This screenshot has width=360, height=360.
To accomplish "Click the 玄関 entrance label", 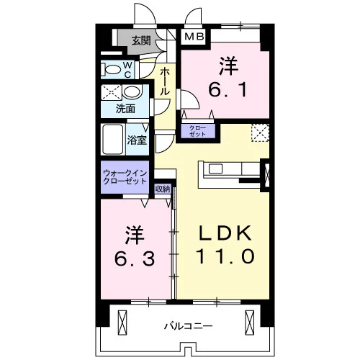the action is [141, 41].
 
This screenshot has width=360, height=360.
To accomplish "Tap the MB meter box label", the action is [194, 37].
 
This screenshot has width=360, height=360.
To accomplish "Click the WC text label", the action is [127, 70].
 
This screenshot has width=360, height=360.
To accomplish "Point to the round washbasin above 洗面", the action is [132, 92].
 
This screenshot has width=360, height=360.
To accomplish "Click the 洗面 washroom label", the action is [125, 109].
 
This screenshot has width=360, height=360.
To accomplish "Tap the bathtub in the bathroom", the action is [113, 140].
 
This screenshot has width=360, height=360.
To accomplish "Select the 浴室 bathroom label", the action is [137, 140].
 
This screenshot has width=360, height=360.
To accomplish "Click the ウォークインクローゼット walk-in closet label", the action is [125, 176].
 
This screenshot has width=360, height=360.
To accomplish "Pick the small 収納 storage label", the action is [163, 189].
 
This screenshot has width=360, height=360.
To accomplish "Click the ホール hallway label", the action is [165, 81].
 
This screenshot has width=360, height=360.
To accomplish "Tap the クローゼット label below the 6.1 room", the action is [198, 131].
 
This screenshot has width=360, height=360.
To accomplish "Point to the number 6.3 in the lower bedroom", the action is [134, 259].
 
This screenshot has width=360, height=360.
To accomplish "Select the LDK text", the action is [225, 233].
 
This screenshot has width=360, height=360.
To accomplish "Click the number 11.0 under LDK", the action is [225, 256].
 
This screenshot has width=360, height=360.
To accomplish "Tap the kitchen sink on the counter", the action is [215, 168].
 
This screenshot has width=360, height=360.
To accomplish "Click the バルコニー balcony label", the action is [188, 326].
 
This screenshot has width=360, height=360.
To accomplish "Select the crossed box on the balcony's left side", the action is [122, 323].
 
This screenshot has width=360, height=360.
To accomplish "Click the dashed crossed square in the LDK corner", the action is [260, 132].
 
